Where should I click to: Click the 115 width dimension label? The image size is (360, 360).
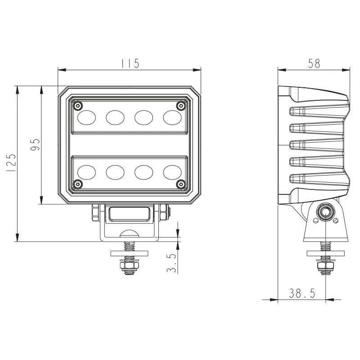[x=130, y=63]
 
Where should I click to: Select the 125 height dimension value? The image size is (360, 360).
[x=12, y=163]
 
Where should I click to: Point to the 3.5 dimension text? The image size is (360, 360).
[x=171, y=263]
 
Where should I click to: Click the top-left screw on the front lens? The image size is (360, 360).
[x=78, y=105]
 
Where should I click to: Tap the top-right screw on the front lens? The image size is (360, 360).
[x=181, y=106]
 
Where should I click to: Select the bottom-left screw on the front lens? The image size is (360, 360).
[x=78, y=184]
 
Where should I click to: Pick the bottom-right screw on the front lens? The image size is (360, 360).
[x=181, y=184]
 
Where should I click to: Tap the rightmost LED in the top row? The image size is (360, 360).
[x=172, y=117]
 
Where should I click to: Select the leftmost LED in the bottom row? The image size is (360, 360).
[x=86, y=172]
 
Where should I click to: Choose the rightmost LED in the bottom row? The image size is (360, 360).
[x=172, y=172]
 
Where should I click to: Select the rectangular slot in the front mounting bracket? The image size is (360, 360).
[x=129, y=214]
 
